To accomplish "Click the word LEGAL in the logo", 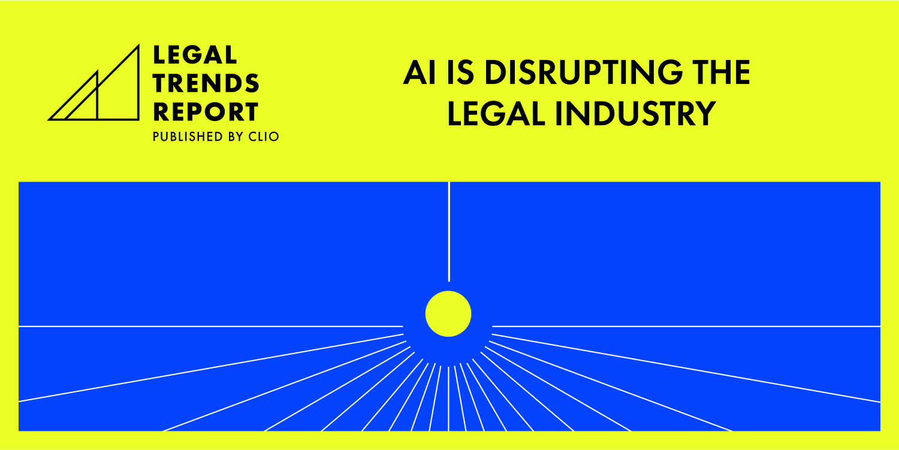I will click(x=195, y=55).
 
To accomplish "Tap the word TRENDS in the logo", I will click(x=206, y=84).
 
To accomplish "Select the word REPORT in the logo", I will click(x=206, y=112).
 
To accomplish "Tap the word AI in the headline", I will click(x=417, y=74).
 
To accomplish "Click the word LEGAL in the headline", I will click(x=497, y=114).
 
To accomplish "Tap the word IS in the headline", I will click(x=457, y=74).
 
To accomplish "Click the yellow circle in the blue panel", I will click(x=448, y=313).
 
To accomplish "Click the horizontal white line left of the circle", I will click(x=210, y=327).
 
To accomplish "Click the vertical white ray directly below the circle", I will click(x=449, y=398).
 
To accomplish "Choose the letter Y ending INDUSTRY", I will click(x=705, y=114).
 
